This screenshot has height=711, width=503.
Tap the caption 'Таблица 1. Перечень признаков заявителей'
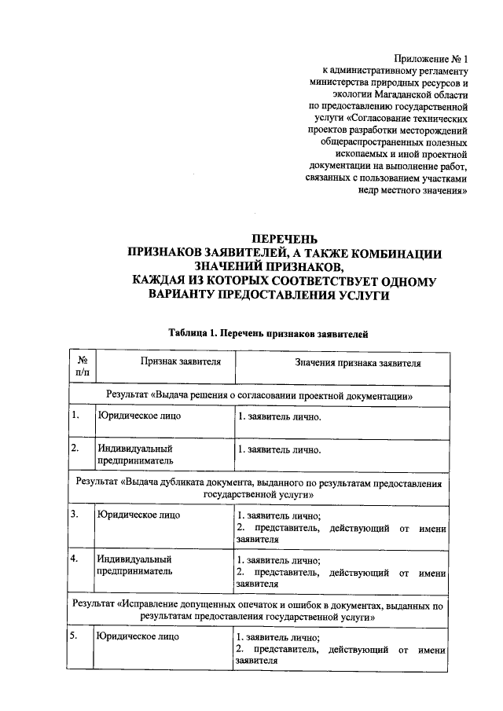click(x=267, y=333)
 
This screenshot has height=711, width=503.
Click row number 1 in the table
click(x=75, y=416)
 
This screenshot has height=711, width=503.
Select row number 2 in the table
click(x=75, y=449)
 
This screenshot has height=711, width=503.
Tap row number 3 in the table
click(x=75, y=515)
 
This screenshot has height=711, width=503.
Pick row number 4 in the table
click(x=75, y=559)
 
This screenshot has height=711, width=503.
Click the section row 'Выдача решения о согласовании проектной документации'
click(x=259, y=394)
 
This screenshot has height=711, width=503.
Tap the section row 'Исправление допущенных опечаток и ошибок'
click(x=259, y=611)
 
